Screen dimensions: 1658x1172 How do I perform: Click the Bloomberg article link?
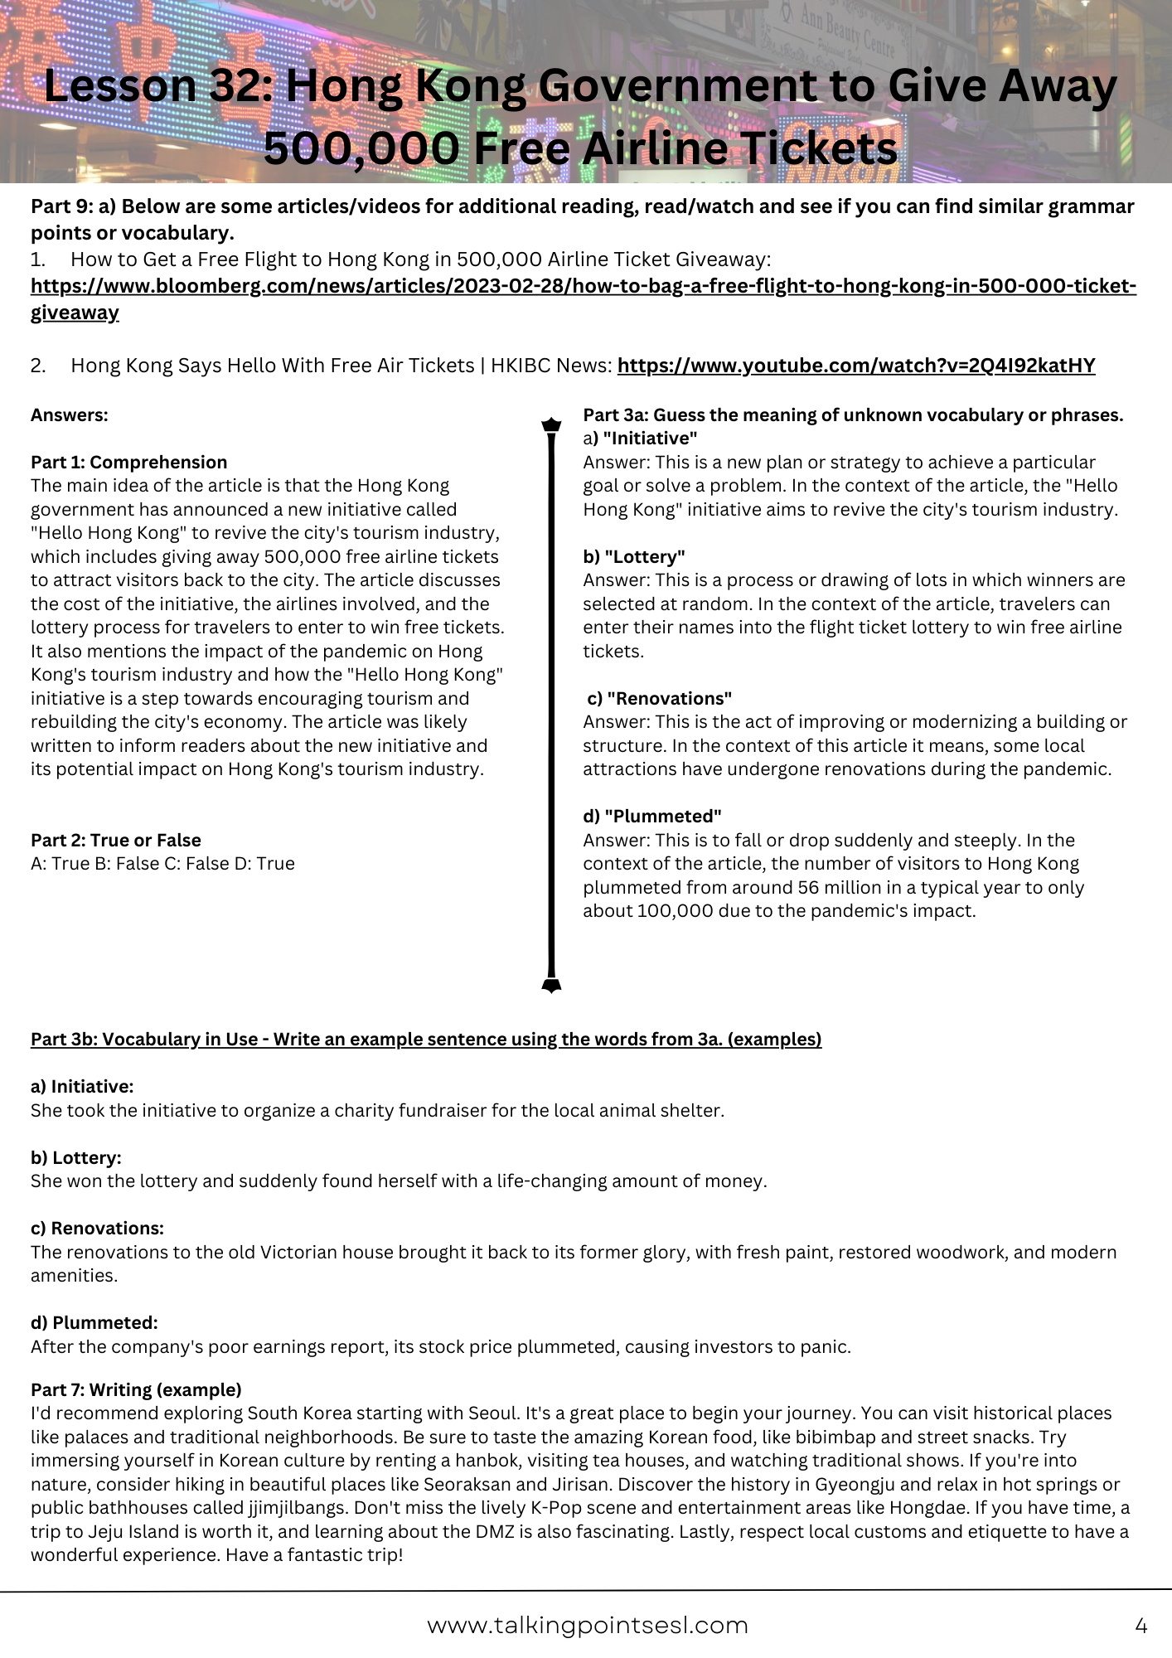coord(583,287)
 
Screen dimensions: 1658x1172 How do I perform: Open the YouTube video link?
coord(855,366)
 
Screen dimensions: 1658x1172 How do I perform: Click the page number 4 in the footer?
coord(1141,1626)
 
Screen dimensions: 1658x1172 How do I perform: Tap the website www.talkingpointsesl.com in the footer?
coord(587,1625)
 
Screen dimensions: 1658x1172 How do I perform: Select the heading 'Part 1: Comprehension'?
coord(128,463)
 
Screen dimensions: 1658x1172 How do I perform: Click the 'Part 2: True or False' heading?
coord(115,840)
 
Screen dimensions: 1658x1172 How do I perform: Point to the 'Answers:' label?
coord(70,415)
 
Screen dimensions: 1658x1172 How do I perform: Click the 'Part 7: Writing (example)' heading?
coord(136,1389)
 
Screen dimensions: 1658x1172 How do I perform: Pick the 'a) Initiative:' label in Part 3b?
coord(82,1086)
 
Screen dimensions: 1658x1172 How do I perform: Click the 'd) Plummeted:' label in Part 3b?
coord(94,1322)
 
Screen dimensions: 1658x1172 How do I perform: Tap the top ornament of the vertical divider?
coord(551,425)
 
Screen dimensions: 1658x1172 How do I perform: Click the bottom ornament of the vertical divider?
coord(551,985)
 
